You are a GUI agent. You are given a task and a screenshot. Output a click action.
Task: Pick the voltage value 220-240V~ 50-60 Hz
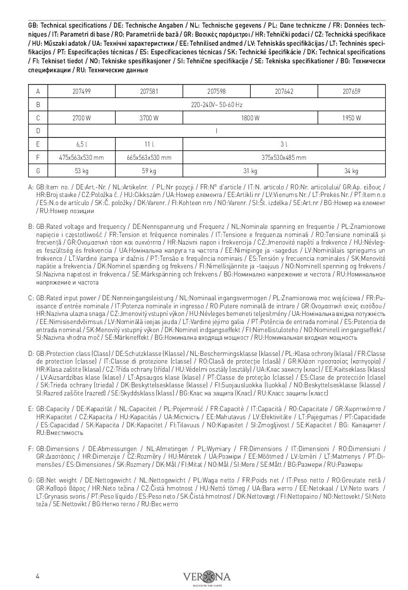[216, 105]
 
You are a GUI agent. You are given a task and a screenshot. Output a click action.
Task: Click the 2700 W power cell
[82, 118]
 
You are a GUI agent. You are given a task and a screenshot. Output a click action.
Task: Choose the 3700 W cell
[149, 118]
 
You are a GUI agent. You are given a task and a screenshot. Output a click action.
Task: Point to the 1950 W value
[351, 118]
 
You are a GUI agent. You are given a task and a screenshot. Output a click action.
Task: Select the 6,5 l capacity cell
[82, 144]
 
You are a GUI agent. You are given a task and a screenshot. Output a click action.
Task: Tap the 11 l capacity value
[149, 144]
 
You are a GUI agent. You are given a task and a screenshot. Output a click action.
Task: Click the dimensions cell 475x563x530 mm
[82, 157]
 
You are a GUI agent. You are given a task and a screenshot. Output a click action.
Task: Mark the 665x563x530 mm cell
[149, 157]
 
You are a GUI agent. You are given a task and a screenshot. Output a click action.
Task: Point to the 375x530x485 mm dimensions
[284, 157]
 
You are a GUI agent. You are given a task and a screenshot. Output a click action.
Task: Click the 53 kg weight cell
[82, 171]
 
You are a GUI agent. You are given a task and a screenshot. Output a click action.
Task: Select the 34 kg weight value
[351, 171]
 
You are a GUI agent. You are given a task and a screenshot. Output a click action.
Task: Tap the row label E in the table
[38, 144]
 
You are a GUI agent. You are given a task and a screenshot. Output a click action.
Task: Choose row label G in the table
[38, 171]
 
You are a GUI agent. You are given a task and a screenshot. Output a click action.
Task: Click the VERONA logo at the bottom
[206, 577]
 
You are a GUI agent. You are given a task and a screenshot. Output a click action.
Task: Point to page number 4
[38, 577]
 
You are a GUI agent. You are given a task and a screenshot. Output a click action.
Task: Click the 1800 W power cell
[250, 118]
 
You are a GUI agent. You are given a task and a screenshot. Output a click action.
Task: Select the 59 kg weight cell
[149, 171]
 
